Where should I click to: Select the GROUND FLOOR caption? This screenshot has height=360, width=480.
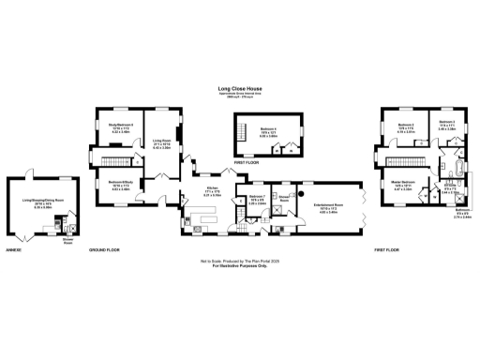click(x=104, y=250)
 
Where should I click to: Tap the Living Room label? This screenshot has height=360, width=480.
click(x=161, y=142)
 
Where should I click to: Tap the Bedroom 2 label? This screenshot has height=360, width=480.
click(x=406, y=127)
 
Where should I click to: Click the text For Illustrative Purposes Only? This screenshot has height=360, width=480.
click(x=239, y=268)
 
